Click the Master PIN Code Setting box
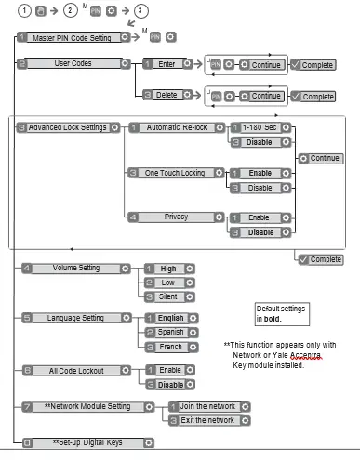click(x=71, y=38)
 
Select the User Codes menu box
click(x=71, y=64)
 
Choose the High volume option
click(x=168, y=268)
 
